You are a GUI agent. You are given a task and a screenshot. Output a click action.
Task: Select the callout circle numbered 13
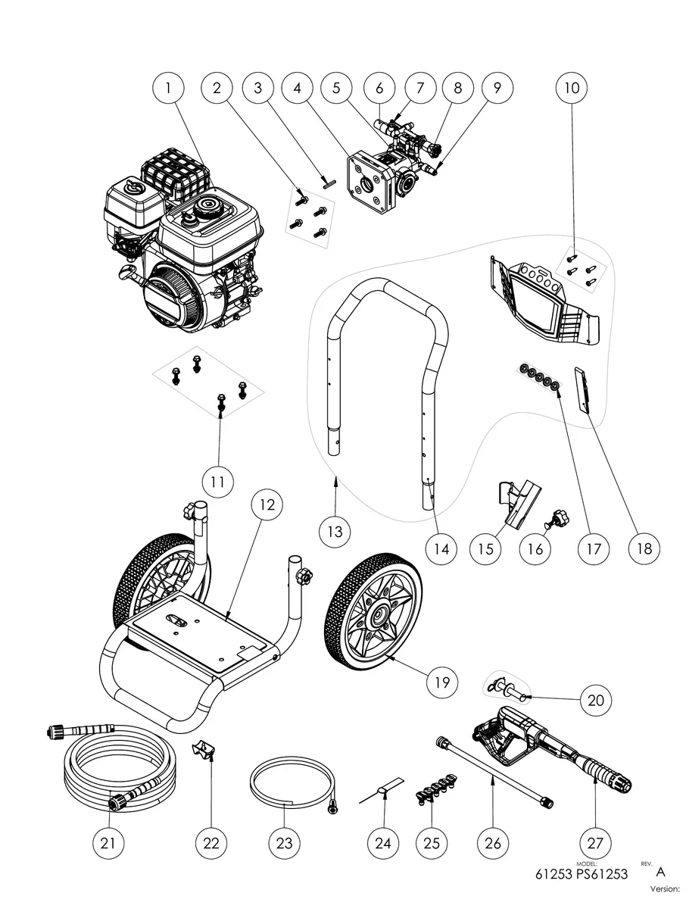(x=335, y=532)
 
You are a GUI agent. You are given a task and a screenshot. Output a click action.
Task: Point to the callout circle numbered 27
(x=594, y=842)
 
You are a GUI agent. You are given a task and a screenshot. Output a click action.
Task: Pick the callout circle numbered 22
(x=211, y=842)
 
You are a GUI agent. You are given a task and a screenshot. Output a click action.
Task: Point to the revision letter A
(x=660, y=872)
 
